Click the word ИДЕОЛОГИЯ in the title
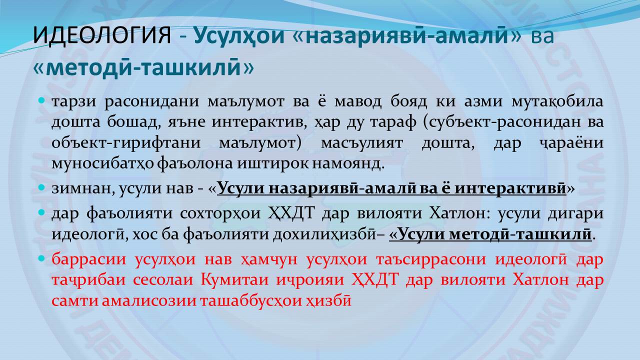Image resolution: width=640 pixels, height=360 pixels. (x=102, y=35)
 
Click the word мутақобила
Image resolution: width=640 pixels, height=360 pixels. (x=557, y=101)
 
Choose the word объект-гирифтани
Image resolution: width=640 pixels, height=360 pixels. (x=126, y=143)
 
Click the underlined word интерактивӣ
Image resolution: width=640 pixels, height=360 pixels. (x=510, y=188)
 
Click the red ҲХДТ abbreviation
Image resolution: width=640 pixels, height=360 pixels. (x=374, y=279)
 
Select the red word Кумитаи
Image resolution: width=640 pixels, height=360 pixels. (x=234, y=279)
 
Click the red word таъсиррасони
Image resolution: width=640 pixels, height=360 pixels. (x=431, y=259)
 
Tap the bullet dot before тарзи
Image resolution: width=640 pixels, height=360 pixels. (x=41, y=100)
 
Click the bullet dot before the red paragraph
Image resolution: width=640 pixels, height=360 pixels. (x=41, y=258)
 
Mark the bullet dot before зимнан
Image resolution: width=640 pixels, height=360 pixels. (x=41, y=187)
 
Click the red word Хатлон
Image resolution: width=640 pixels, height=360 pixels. (x=540, y=279)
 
